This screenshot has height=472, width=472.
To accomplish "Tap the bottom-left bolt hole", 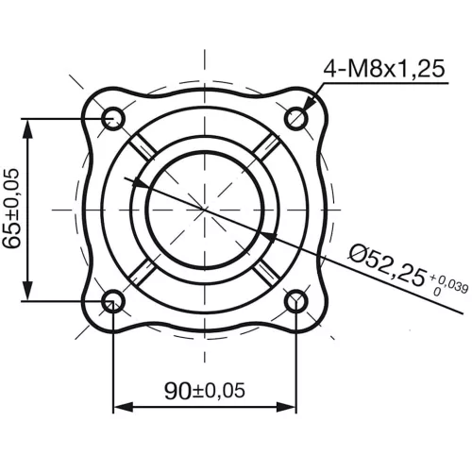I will point(113,301).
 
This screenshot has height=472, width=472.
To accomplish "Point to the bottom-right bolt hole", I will point(296,301).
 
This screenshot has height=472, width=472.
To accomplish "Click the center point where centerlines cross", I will point(205,209).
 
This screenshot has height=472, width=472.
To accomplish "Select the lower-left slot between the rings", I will point(143,271).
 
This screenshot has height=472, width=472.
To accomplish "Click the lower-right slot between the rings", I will point(267,271).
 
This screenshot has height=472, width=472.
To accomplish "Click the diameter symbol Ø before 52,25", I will point(358,252).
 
